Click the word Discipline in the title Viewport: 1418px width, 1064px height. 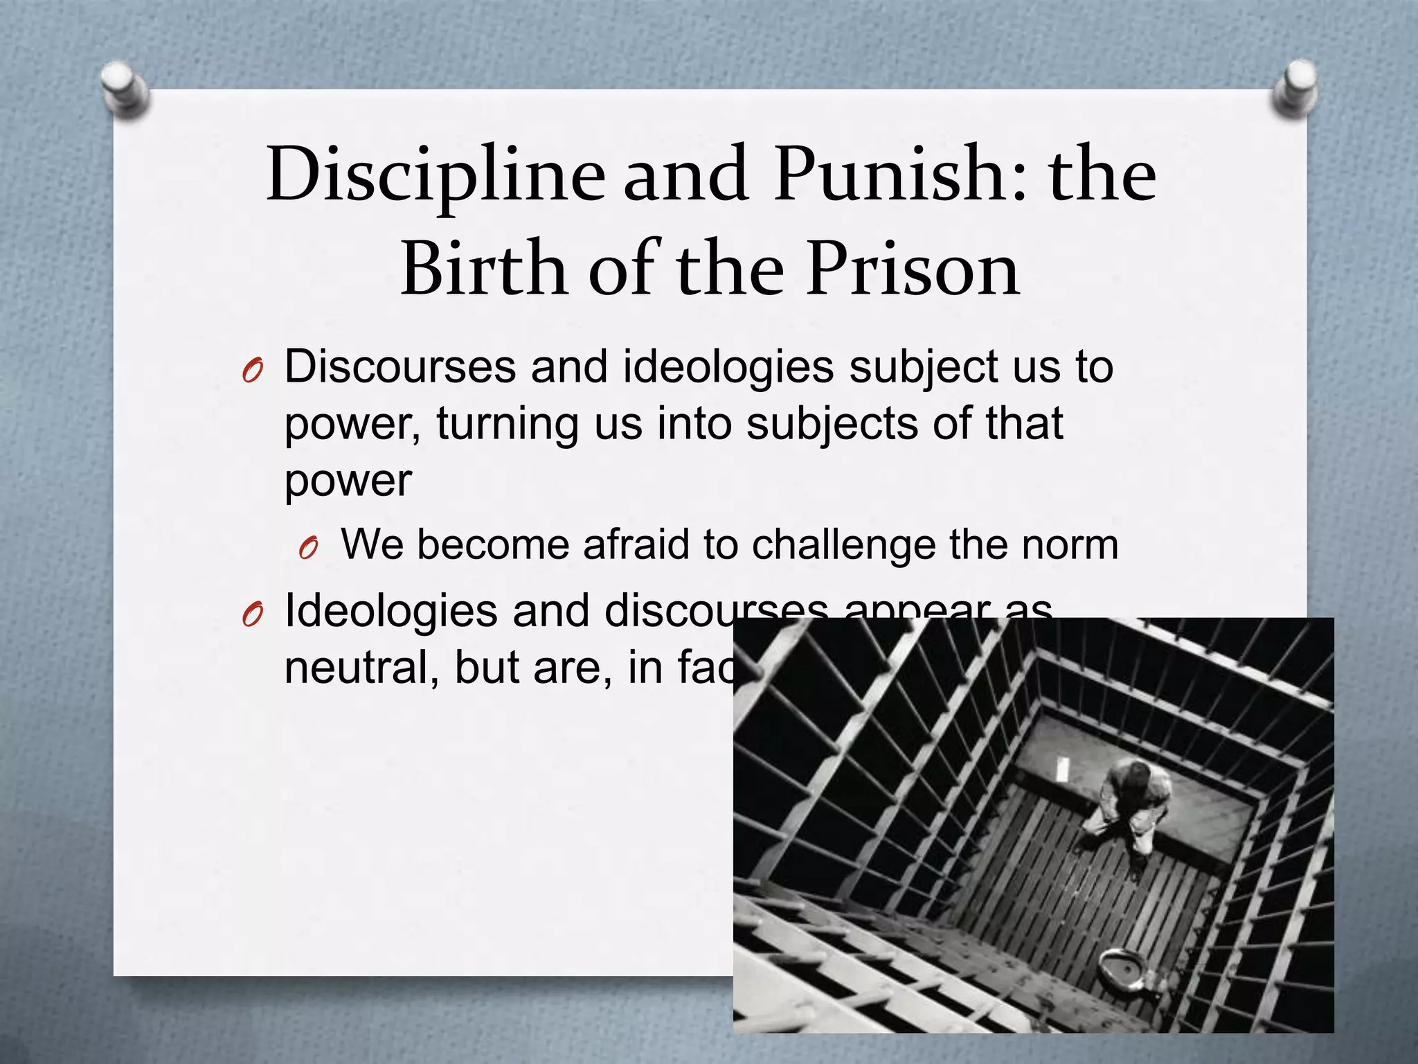pos(436,175)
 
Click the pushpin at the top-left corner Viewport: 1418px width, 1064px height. pos(124,90)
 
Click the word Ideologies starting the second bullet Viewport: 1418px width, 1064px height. pos(391,611)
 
